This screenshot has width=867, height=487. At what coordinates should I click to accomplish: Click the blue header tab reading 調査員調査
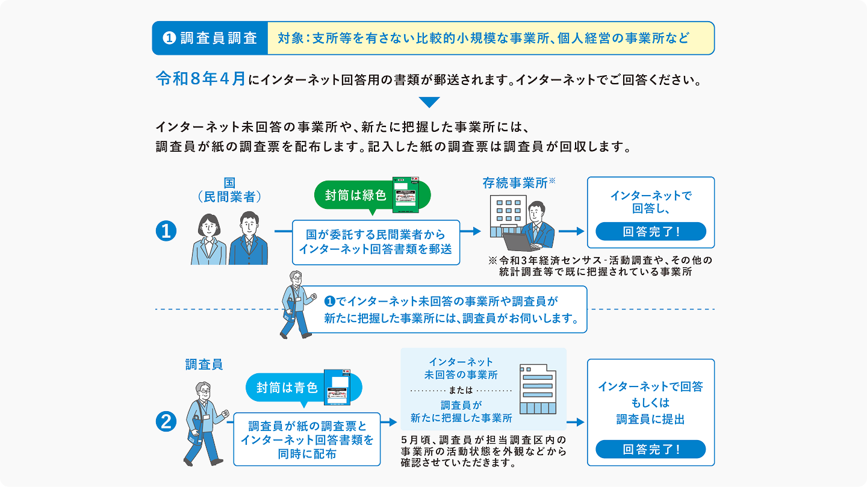pyautogui.click(x=210, y=39)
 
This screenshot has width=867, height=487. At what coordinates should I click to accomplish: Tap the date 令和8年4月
pyautogui.click(x=200, y=79)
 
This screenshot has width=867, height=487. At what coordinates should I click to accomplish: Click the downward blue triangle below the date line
pyautogui.click(x=429, y=102)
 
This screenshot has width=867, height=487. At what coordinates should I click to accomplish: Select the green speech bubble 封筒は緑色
pyautogui.click(x=355, y=195)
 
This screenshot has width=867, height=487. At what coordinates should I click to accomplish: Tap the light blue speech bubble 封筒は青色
pyautogui.click(x=287, y=388)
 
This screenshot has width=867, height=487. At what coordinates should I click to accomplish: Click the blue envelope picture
pyautogui.click(x=337, y=388)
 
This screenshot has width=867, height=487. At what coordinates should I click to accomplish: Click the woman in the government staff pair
pyautogui.click(x=208, y=240)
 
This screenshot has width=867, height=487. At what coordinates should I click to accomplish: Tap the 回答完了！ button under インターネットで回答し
pyautogui.click(x=650, y=232)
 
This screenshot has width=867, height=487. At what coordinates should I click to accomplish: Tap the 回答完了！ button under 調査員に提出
pyautogui.click(x=650, y=449)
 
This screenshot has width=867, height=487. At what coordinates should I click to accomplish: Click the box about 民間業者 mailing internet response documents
pyautogui.click(x=376, y=242)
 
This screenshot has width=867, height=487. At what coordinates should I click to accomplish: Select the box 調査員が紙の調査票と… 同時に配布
pyautogui.click(x=306, y=439)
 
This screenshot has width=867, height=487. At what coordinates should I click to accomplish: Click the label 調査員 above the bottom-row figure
pyautogui.click(x=204, y=364)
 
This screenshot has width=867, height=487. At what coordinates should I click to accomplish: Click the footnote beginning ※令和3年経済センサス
pyautogui.click(x=600, y=266)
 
